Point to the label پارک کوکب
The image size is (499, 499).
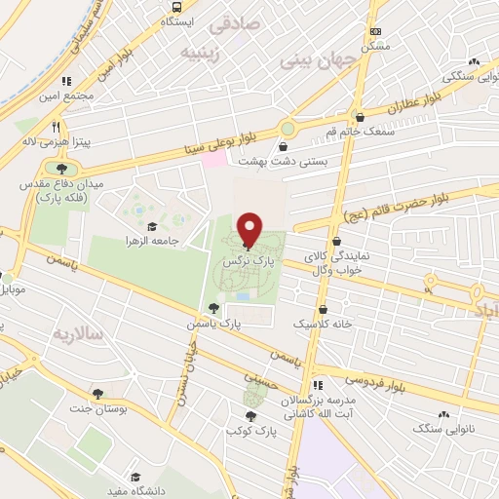(252, 429)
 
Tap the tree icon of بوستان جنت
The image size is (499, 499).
(97, 393)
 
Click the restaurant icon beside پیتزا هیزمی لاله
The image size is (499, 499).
(57, 126)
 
